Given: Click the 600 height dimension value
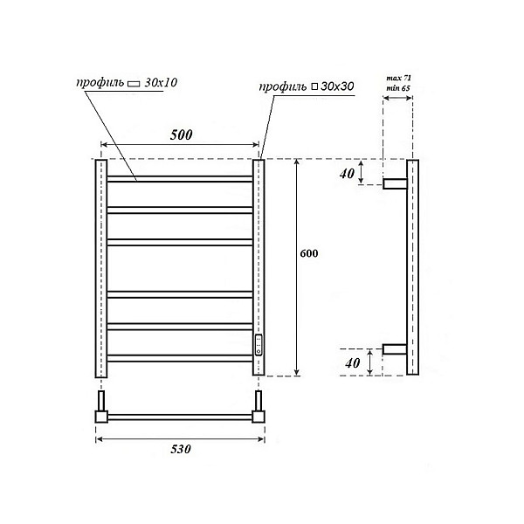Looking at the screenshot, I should point(307,254).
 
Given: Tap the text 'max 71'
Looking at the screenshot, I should point(399,79).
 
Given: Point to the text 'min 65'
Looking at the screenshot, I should point(399,89).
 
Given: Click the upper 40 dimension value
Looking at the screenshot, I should point(348,173).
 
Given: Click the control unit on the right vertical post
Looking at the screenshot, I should point(259,343).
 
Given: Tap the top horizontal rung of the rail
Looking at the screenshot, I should point(179,179).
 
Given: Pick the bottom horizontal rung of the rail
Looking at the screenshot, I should point(179,356).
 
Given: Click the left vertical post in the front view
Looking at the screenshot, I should point(100,267).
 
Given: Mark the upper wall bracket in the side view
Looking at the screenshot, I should point(395,183).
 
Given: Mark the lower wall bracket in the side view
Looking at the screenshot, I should point(395,349).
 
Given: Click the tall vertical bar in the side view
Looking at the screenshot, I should point(413,267).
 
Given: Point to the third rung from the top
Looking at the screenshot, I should point(179,241).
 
